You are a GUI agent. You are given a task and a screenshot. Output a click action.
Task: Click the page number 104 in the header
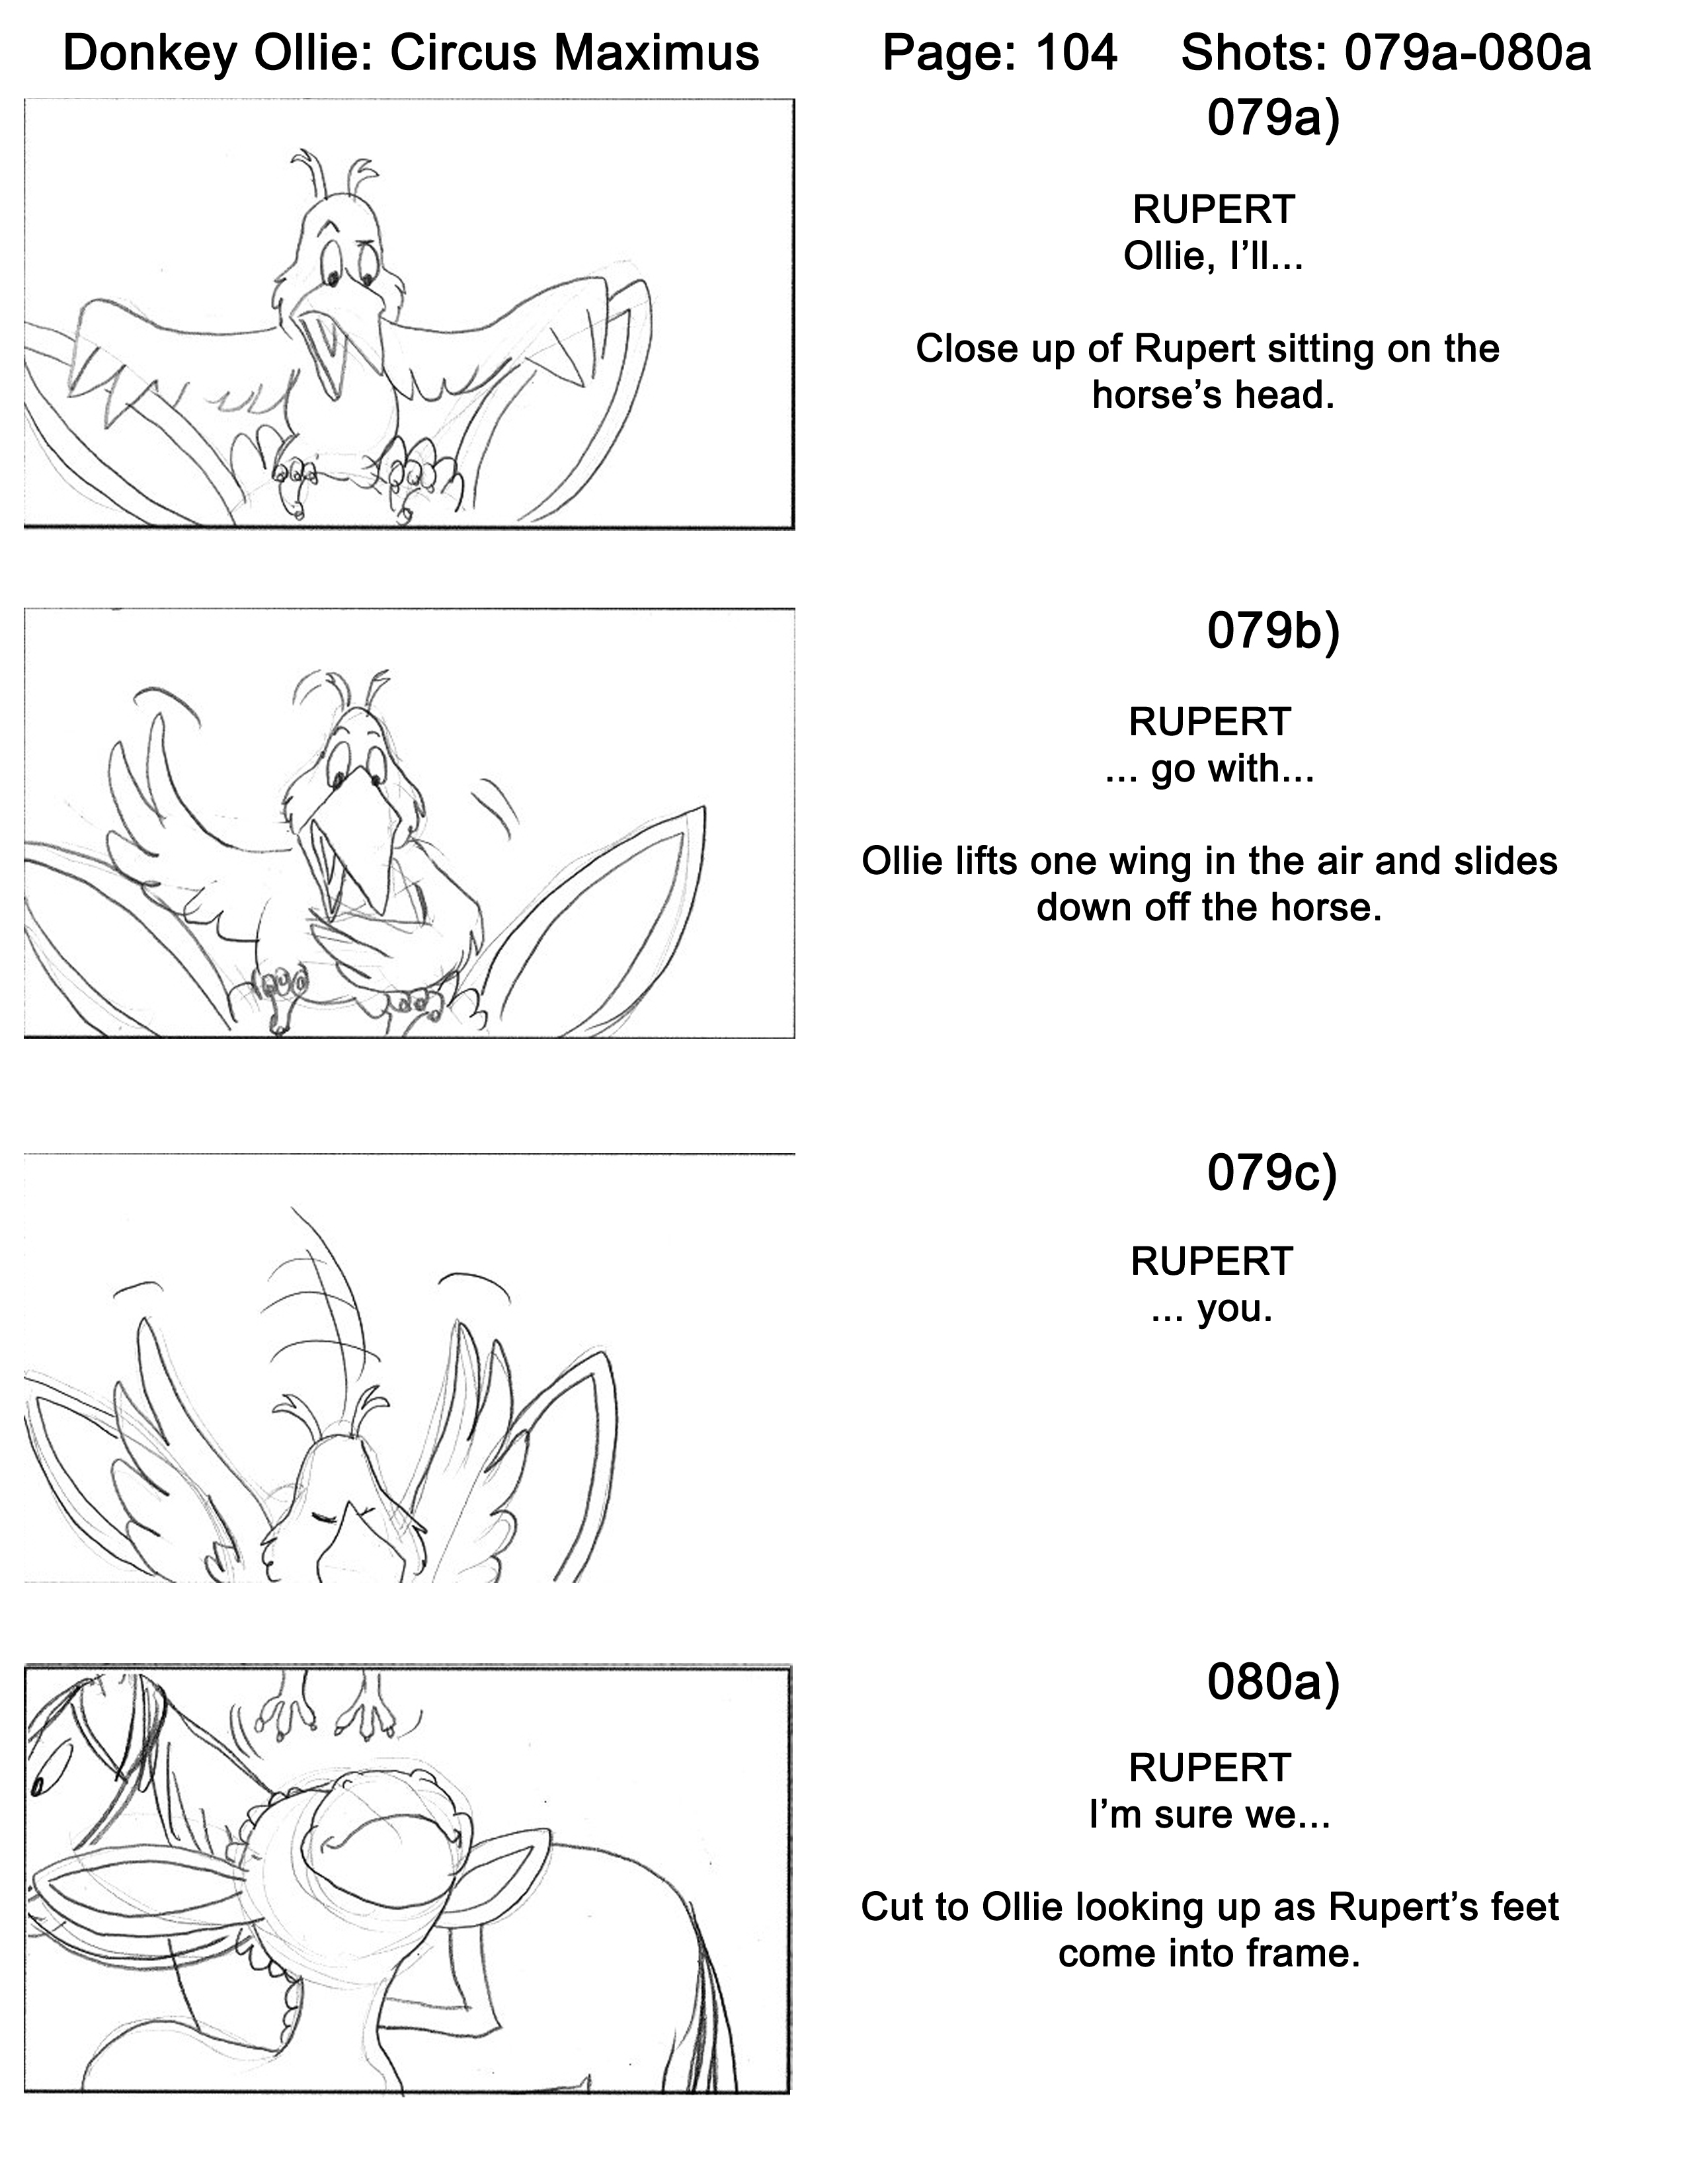[1076, 53]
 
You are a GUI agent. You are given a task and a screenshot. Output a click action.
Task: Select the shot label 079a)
[1273, 119]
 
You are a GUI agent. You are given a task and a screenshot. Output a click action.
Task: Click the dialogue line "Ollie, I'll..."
[1213, 257]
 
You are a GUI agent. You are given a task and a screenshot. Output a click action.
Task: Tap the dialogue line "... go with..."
[1209, 769]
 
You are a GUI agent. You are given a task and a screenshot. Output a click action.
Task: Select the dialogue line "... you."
[1211, 1309]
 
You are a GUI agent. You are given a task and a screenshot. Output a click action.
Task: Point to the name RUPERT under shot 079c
[1211, 1261]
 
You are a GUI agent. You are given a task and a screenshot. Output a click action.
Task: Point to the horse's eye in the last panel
[46, 1781]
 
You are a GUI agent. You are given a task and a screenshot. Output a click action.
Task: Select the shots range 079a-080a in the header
[1467, 53]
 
